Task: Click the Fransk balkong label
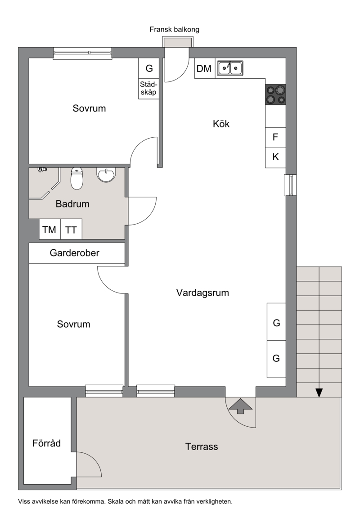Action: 175,30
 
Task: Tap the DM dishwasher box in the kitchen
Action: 205,68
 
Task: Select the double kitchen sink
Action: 230,68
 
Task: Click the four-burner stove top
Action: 275,95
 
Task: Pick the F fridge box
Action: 275,137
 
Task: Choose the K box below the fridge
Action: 275,158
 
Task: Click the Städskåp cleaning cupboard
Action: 148,89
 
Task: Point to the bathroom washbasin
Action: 106,174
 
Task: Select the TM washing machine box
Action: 49,230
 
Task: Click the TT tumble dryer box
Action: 71,230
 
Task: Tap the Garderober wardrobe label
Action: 74,253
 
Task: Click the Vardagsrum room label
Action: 202,293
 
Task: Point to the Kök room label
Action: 221,123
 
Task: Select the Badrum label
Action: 72,203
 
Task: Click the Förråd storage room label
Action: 46,443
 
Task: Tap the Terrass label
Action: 202,446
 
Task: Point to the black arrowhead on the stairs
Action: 319,392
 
